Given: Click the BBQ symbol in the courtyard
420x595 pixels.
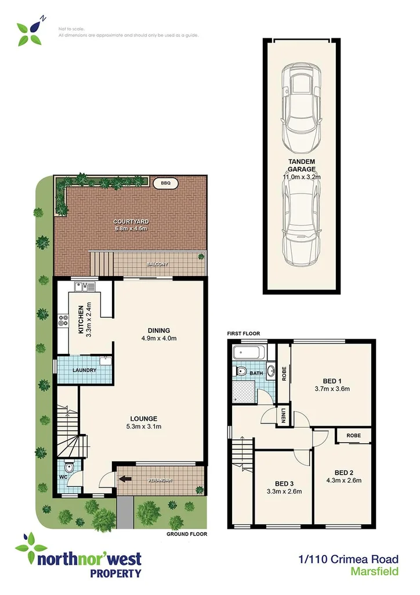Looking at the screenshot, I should click(166, 183).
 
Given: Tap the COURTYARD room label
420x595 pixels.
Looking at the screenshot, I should click(131, 221).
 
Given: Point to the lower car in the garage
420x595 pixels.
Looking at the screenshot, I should click(301, 221).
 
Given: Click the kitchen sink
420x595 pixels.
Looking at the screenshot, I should click(84, 286).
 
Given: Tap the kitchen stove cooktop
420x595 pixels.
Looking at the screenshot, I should click(62, 321).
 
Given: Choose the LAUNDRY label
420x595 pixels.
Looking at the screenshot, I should click(84, 370).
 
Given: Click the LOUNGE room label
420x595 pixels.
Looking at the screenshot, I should click(144, 418).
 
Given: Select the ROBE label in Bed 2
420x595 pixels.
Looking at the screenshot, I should click(354, 435).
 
